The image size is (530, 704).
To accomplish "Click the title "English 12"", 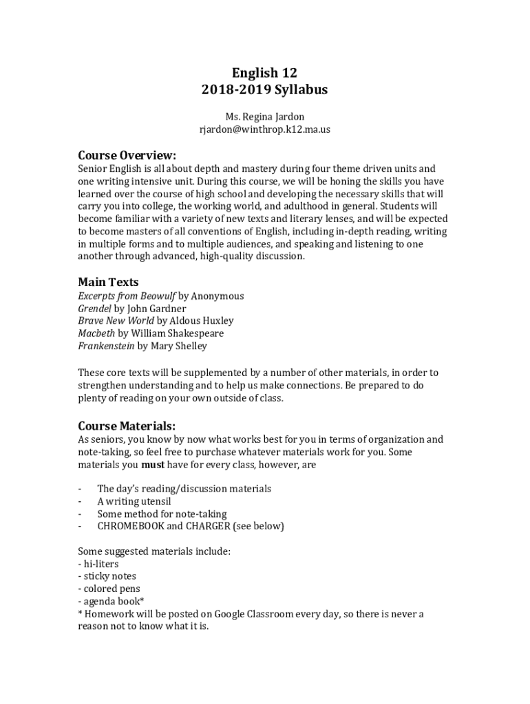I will (x=264, y=73).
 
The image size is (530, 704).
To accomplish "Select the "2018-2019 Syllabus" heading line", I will (x=264, y=90).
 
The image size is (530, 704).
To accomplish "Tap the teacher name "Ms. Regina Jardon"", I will (x=264, y=117).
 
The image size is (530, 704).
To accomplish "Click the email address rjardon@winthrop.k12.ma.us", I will (x=264, y=129).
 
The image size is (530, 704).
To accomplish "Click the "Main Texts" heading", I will (x=108, y=282).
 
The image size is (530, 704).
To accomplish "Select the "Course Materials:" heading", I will (x=127, y=426).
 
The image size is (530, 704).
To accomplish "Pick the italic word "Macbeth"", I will (x=96, y=333).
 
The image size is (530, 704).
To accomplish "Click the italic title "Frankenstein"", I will (x=106, y=346).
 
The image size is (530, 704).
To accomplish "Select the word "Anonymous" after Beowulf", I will (x=218, y=296).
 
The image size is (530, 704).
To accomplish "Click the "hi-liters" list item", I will (x=101, y=564).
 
